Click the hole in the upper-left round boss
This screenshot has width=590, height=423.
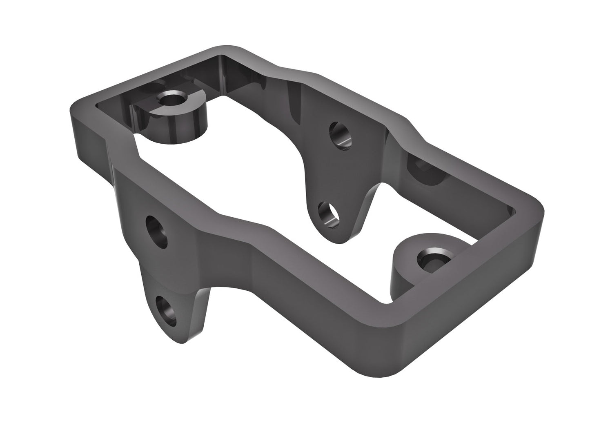pos(172,98)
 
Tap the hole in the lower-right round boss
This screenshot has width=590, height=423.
pos(432,258)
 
